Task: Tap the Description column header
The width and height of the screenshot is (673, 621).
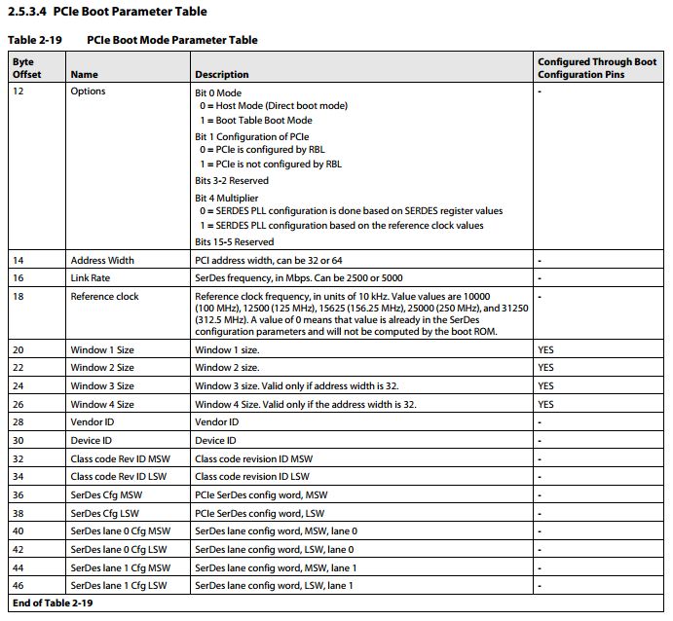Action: point(222,74)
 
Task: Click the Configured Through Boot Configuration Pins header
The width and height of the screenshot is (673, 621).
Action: point(597,68)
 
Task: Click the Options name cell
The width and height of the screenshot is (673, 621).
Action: point(88,91)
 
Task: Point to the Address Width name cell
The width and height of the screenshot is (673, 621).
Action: point(102,260)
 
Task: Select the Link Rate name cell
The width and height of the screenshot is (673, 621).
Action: point(92,277)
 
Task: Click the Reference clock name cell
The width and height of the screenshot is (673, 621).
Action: point(104,296)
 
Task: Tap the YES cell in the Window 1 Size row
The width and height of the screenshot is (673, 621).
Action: point(545,349)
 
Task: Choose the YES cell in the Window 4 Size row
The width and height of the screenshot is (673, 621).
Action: point(545,404)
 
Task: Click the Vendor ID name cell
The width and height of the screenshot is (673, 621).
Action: point(93,422)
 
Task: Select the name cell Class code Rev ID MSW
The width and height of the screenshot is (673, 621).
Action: point(120,458)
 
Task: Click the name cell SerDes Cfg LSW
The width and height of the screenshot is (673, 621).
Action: point(106,513)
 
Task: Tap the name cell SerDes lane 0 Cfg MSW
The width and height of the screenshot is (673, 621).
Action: point(120,530)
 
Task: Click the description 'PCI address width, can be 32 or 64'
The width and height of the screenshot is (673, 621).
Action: point(269,260)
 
